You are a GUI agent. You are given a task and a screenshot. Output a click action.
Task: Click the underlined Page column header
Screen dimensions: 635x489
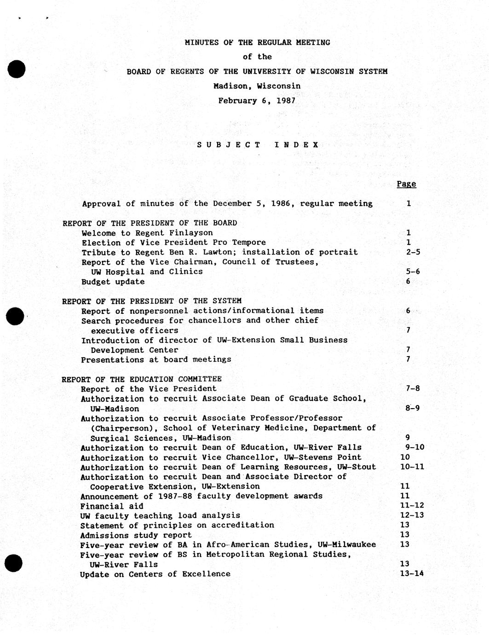(406, 184)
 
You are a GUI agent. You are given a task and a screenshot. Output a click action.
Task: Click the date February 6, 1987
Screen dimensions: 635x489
(257, 100)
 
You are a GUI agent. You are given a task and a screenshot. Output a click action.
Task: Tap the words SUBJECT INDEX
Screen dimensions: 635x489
(258, 144)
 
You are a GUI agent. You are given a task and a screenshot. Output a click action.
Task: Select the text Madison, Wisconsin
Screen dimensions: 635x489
(257, 86)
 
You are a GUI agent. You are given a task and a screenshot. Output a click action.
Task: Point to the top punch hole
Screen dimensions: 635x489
(16, 69)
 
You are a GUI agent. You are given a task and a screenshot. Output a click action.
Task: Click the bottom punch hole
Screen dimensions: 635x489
(14, 563)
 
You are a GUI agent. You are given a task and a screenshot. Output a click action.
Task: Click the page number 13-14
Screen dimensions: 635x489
(412, 573)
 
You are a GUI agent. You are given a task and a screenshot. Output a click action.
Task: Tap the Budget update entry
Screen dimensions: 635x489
(113, 282)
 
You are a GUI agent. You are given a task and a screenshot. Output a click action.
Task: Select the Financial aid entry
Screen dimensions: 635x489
(111, 506)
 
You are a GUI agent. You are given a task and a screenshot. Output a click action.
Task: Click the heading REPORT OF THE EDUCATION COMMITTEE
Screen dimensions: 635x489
(142, 379)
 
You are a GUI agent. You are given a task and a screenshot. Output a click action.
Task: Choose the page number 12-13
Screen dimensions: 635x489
(412, 515)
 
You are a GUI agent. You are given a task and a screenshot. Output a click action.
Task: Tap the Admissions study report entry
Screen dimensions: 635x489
(136, 535)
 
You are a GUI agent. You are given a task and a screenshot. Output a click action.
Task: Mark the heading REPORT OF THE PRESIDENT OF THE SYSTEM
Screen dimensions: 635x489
(151, 301)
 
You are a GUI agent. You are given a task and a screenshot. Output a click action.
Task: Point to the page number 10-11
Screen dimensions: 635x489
(412, 467)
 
